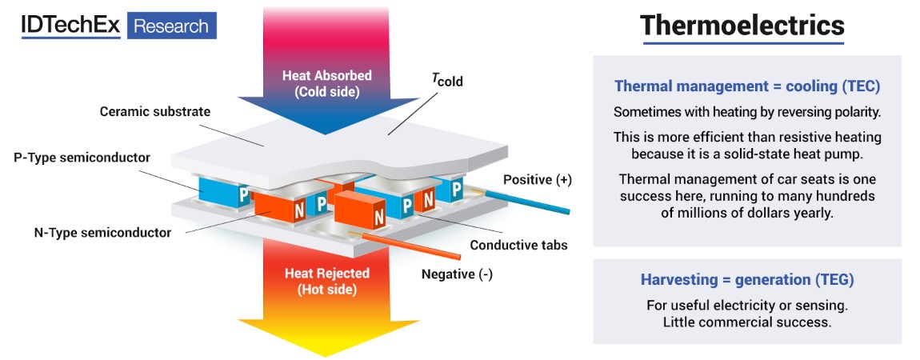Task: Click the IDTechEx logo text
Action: (70, 26)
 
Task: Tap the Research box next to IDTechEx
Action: (170, 26)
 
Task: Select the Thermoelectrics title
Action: (742, 26)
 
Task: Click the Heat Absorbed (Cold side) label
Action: (326, 83)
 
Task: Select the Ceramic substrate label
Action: (155, 111)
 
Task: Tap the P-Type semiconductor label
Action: (81, 158)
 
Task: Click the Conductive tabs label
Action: (518, 245)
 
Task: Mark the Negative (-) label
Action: (457, 274)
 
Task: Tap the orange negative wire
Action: (416, 247)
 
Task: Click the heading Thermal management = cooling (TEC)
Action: (747, 86)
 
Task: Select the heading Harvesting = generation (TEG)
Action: (747, 280)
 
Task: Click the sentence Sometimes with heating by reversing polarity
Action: (747, 112)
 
